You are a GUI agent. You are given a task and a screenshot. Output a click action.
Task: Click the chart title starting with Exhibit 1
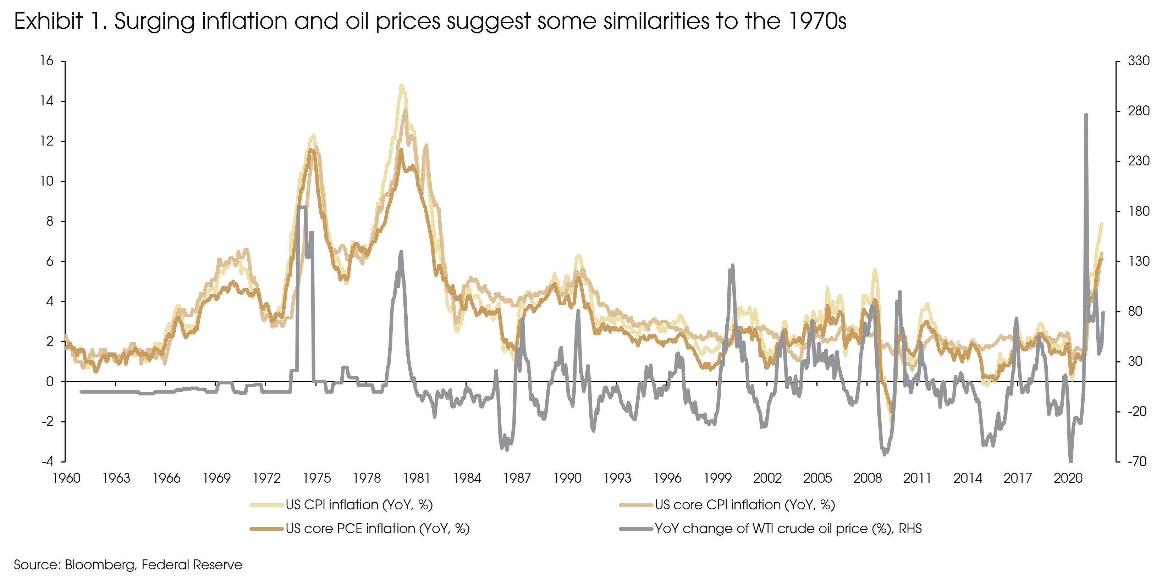tap(430, 21)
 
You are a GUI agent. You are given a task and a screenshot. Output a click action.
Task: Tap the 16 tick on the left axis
tap(46, 61)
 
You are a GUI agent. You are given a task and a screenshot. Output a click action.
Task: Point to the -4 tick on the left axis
tap(47, 461)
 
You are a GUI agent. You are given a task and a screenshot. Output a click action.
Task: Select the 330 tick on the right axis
tap(1138, 61)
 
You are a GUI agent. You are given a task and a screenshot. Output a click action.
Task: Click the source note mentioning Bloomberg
tap(128, 565)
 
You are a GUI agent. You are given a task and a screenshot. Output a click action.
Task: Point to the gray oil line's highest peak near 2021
tap(1086, 115)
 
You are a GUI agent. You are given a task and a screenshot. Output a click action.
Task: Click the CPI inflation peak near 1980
tap(401, 85)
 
